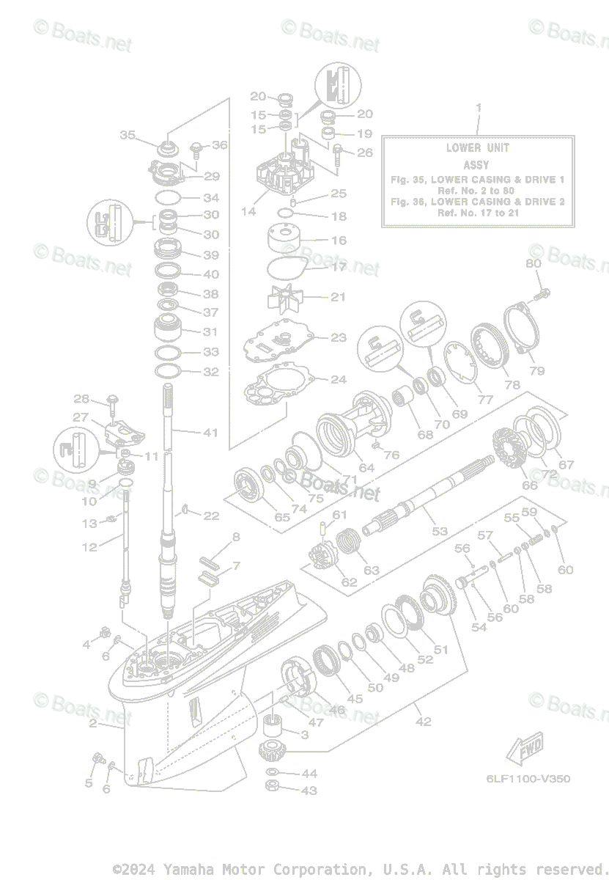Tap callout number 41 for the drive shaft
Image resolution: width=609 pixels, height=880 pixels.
tap(211, 433)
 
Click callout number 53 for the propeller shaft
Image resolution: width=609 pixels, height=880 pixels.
tap(439, 531)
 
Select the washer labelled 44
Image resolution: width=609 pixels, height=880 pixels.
tap(271, 774)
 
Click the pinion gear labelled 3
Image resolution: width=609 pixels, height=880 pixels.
tap(273, 729)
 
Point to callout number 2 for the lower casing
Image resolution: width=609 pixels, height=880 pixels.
tap(93, 724)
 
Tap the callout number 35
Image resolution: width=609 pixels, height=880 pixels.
tap(128, 135)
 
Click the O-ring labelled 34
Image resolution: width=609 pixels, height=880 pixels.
tap(169, 197)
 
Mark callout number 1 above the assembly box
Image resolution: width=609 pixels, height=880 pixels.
tap(479, 108)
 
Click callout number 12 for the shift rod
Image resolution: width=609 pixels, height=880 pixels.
tap(89, 547)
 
